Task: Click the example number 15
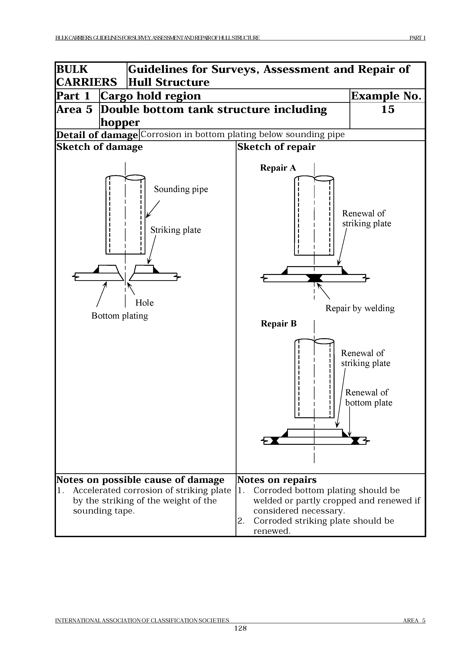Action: (388, 110)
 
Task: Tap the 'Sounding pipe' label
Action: (181, 189)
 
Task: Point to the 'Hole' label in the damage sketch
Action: (144, 303)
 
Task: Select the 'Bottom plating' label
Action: (120, 316)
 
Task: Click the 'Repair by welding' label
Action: (360, 308)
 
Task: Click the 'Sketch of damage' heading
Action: (100, 147)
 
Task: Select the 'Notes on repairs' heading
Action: (277, 480)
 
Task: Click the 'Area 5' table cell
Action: (74, 110)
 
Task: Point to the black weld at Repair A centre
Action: (315, 278)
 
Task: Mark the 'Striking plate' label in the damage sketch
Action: (175, 230)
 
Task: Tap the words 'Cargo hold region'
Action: (150, 96)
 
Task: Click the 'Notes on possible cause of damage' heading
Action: (140, 480)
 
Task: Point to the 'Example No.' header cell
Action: (387, 96)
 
